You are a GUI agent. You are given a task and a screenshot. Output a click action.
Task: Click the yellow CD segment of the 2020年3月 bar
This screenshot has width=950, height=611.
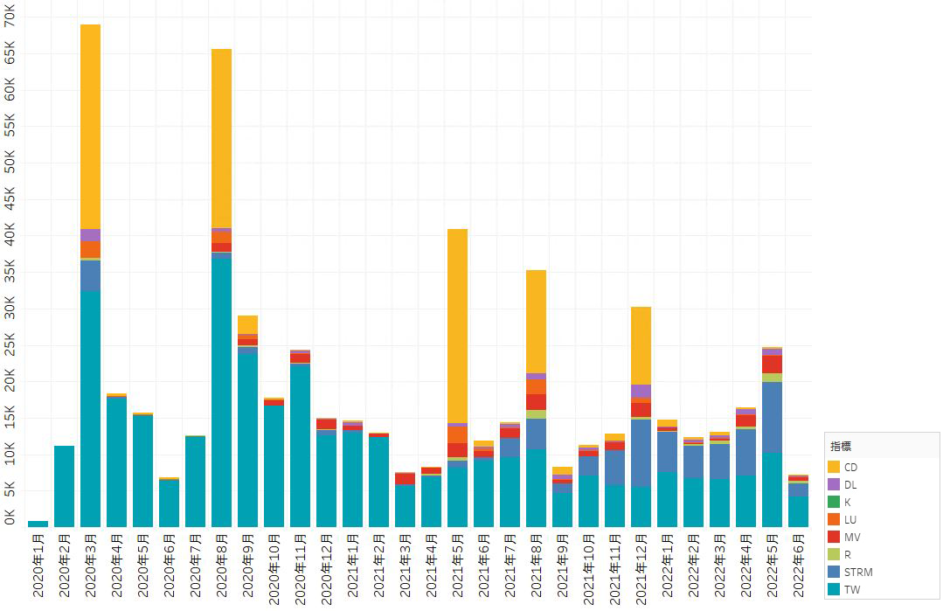pyautogui.click(x=90, y=127)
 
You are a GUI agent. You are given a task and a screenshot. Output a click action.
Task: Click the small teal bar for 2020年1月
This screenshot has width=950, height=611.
pyautogui.click(x=38, y=524)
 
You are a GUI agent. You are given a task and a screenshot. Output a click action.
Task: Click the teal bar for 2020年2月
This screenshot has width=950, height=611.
pyautogui.click(x=64, y=486)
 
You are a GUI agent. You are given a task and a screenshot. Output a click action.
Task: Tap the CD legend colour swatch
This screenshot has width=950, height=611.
pyautogui.click(x=834, y=467)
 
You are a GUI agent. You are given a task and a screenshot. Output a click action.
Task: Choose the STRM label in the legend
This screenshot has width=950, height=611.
pyautogui.click(x=858, y=572)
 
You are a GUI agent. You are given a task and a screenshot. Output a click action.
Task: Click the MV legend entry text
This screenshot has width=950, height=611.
pyautogui.click(x=851, y=537)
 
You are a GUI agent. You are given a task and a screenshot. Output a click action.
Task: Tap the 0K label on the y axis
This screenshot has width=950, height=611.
pyautogui.click(x=10, y=517)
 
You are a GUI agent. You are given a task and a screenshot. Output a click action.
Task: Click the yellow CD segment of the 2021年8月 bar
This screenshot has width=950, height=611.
pyautogui.click(x=536, y=321)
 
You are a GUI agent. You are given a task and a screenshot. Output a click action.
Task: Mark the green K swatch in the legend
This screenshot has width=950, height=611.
pyautogui.click(x=834, y=502)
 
